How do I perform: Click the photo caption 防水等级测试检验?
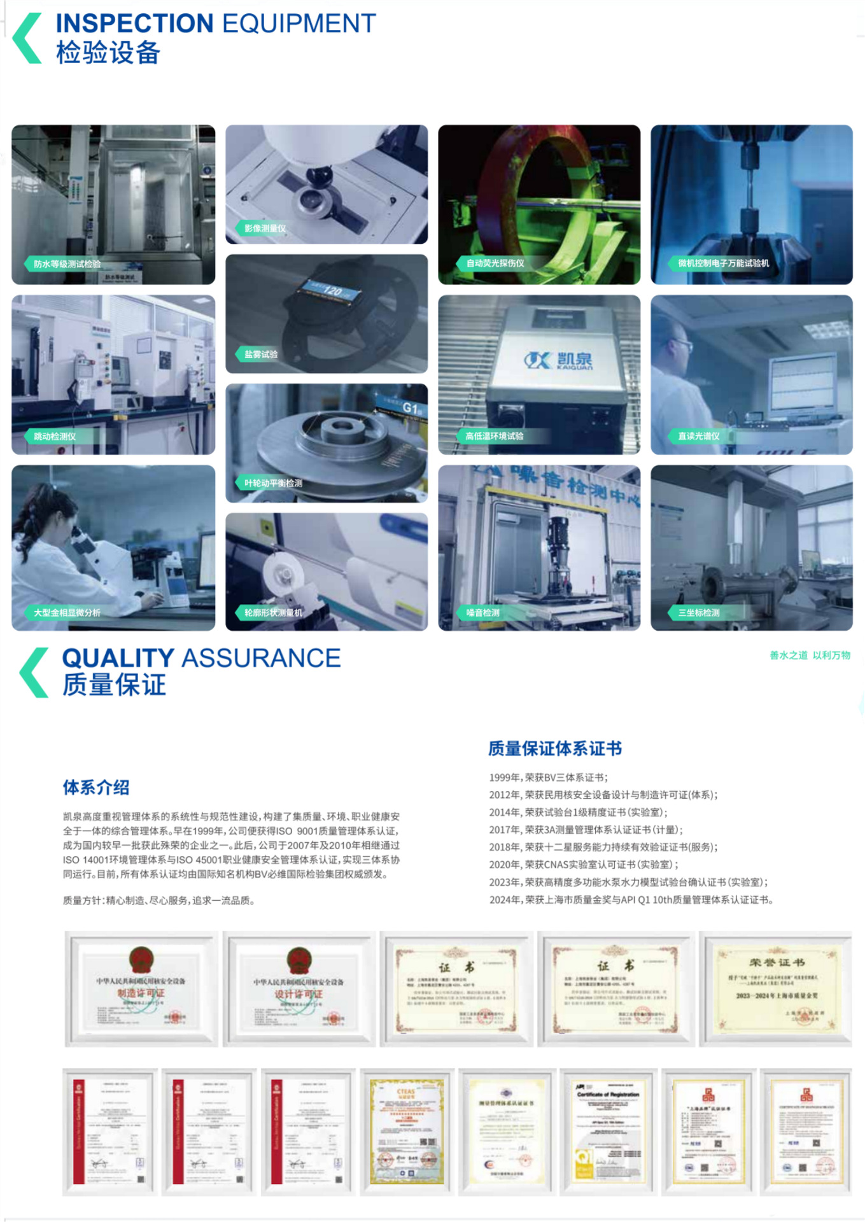[x=67, y=263]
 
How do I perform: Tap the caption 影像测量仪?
[x=265, y=228]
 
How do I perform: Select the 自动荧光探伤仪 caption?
[x=495, y=263]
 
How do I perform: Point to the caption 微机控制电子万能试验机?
[x=723, y=263]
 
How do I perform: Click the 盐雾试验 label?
[x=261, y=354]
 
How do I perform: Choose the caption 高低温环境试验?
[x=494, y=436]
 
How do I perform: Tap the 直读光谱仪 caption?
[x=698, y=436]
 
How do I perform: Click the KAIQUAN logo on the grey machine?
[x=559, y=360]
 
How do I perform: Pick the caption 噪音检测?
[x=482, y=612]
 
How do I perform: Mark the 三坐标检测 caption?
[x=698, y=612]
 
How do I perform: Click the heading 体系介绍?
[x=96, y=787]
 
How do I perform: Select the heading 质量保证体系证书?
[x=554, y=748]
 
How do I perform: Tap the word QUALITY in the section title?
[x=118, y=658]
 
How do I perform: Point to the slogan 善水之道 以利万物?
[x=810, y=655]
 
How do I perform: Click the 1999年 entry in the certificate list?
[x=548, y=777]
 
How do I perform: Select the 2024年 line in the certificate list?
[x=631, y=899]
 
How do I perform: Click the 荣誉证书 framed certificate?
[x=776, y=988]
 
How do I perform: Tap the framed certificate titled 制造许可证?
[x=141, y=988]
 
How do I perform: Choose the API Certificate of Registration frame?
[x=608, y=1132]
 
